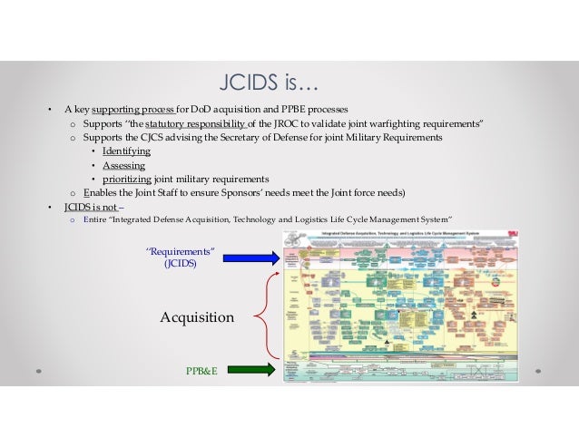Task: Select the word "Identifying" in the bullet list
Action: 126,151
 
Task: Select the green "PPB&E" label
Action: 202,370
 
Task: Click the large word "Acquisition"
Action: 197,317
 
